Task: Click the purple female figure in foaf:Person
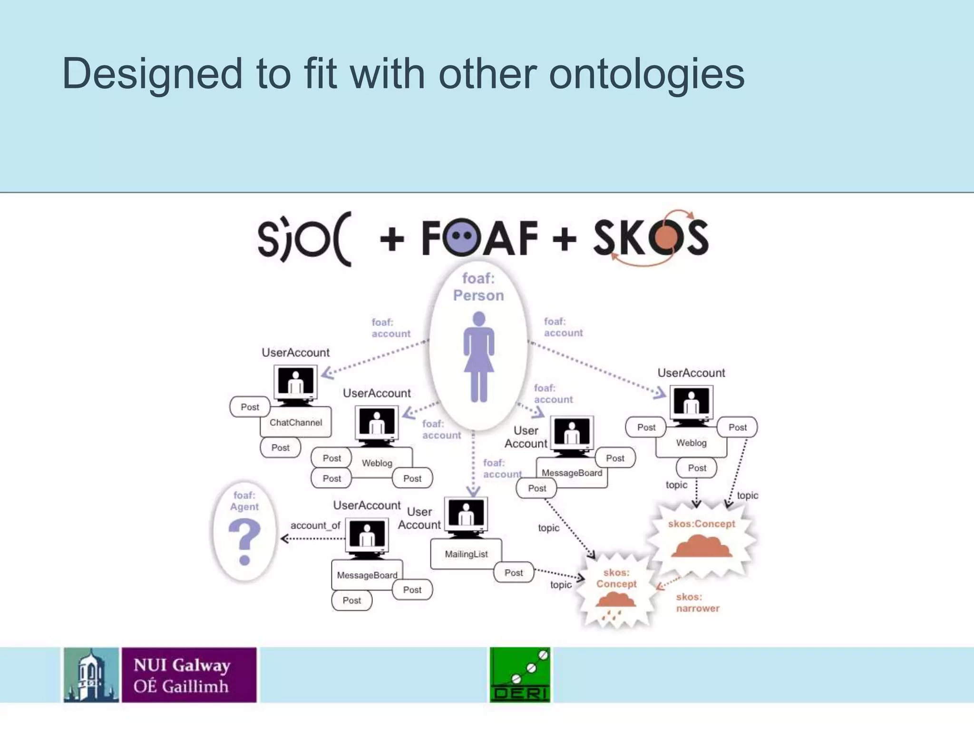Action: (479, 357)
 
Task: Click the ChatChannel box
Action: (295, 423)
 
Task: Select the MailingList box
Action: (466, 554)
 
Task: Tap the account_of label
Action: (315, 525)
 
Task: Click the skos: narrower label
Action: (697, 603)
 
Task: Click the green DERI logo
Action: (520, 674)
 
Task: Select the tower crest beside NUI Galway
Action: (91, 675)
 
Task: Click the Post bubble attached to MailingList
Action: (514, 573)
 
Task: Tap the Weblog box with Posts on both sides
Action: (691, 443)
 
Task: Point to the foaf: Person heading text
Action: (478, 287)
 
